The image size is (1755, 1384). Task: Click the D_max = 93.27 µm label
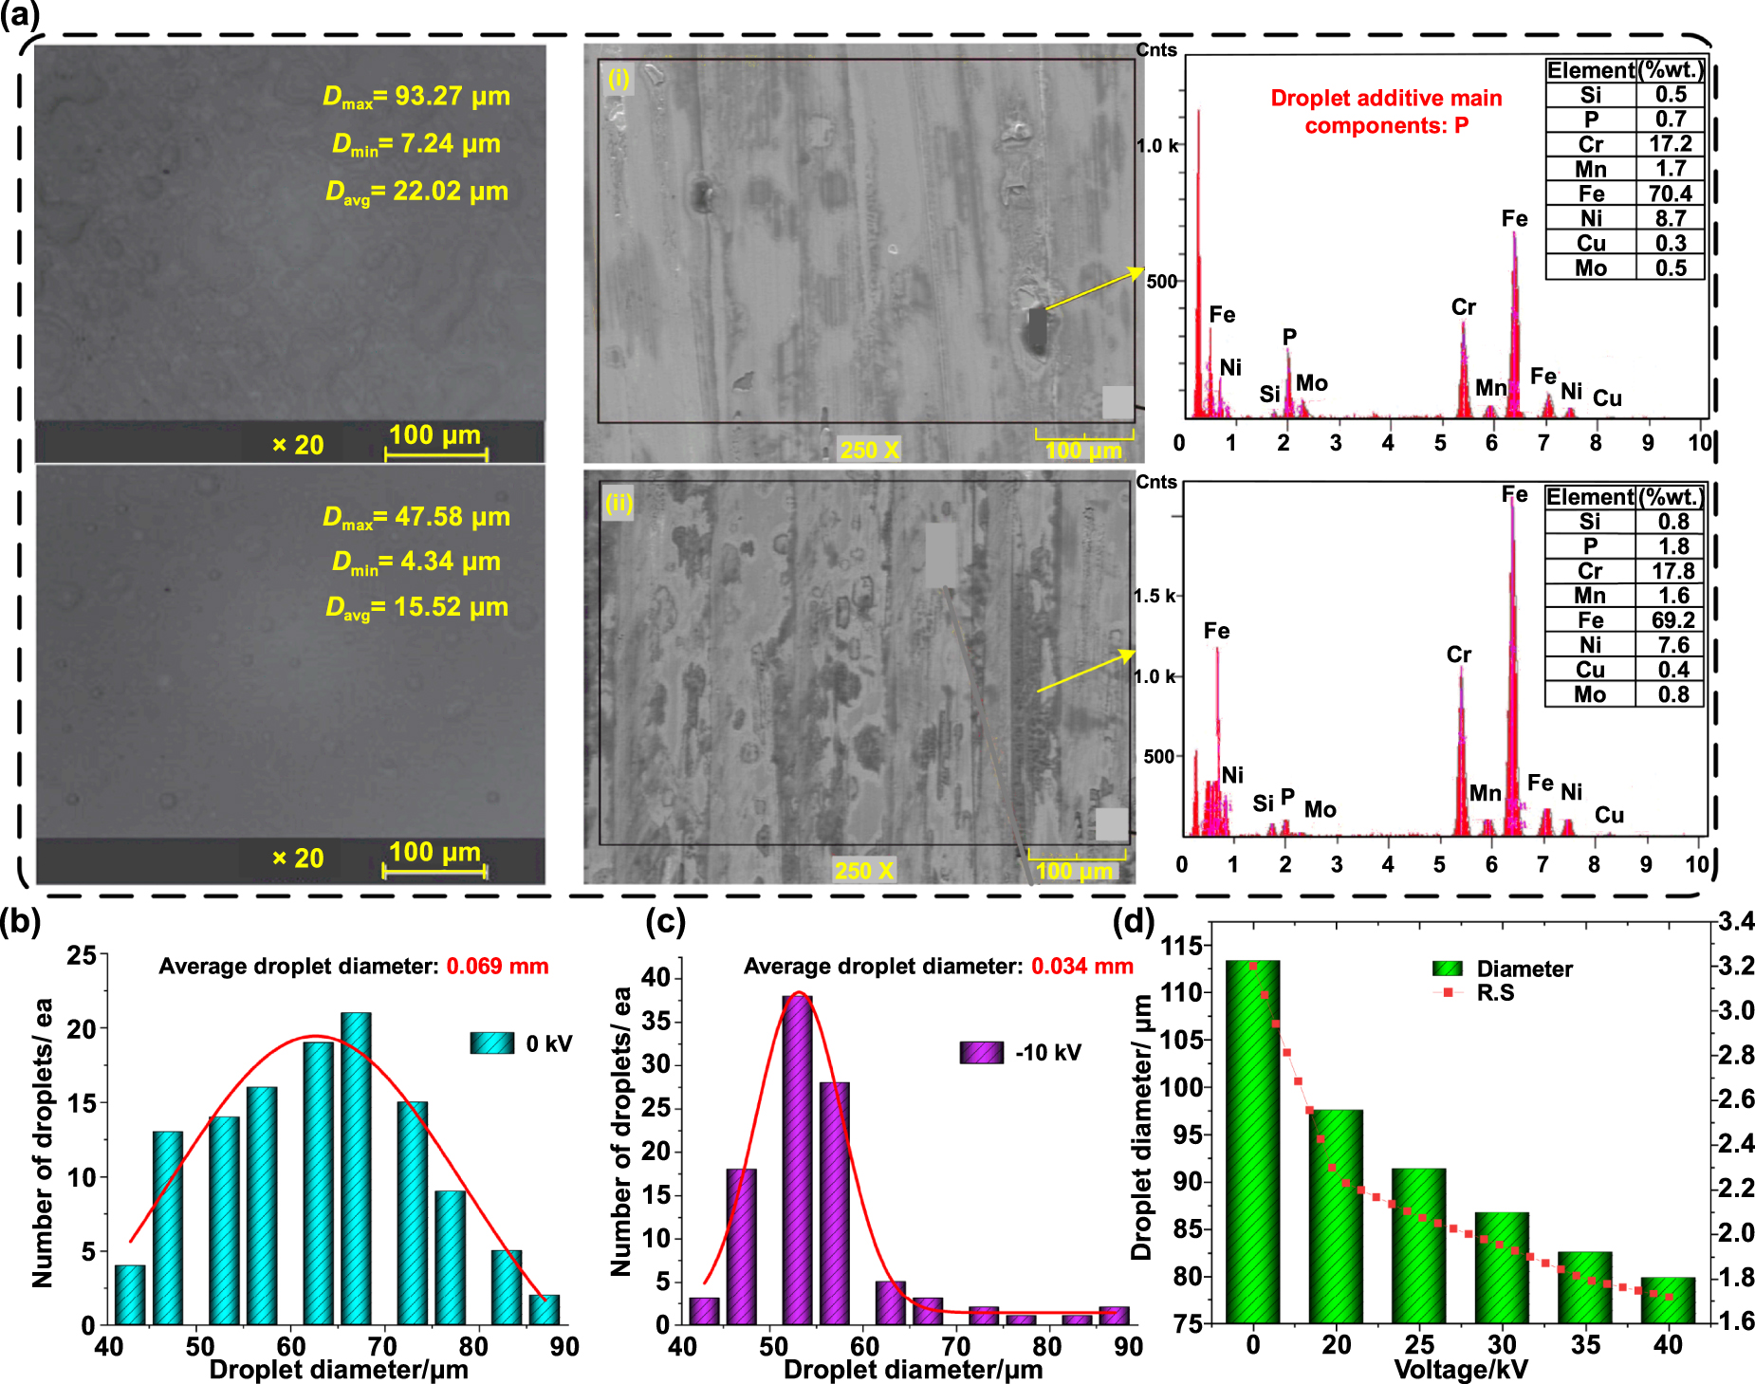pyautogui.click(x=416, y=97)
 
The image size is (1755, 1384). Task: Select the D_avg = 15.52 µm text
pyautogui.click(x=416, y=607)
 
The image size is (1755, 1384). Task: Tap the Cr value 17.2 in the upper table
pyautogui.click(x=1670, y=144)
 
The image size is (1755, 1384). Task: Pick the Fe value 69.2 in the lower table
pyautogui.click(x=1672, y=620)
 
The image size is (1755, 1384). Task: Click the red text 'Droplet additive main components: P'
pyautogui.click(x=1386, y=112)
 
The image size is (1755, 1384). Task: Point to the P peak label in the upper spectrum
pyautogui.click(x=1289, y=337)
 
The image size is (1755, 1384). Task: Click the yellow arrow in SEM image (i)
pyautogui.click(x=1093, y=289)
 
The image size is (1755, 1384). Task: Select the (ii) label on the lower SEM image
pyautogui.click(x=619, y=502)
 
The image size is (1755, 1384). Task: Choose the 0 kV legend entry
pyautogui.click(x=521, y=1043)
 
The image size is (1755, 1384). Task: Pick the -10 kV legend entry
pyautogui.click(x=1020, y=1053)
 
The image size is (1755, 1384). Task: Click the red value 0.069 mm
pyautogui.click(x=497, y=967)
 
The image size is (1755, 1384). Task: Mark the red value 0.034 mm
pyautogui.click(x=1081, y=967)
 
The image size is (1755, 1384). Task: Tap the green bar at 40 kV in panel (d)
pyautogui.click(x=1667, y=1300)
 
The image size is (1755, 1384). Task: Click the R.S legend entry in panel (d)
pyautogui.click(x=1480, y=993)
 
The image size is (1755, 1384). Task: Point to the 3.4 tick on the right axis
pyautogui.click(x=1736, y=921)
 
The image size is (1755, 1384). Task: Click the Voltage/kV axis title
pyautogui.click(x=1460, y=1370)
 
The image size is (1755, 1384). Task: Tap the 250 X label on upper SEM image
pyautogui.click(x=869, y=450)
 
